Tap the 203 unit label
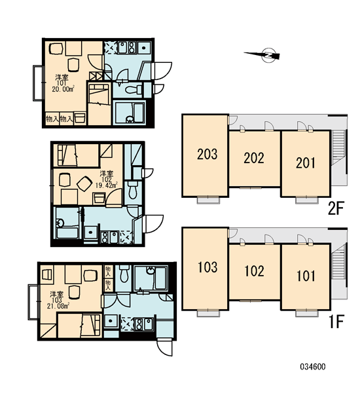click(207, 154)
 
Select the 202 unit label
click(254, 158)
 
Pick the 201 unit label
click(306, 162)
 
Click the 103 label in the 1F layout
click(207, 267)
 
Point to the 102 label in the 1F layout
click(254, 271)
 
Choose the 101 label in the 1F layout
click(306, 276)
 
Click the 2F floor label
click(335, 208)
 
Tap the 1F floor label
click(336, 322)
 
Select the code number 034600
click(313, 367)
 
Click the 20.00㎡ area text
click(63, 89)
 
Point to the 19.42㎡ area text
click(106, 185)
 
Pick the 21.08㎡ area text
click(58, 306)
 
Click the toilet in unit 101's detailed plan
click(133, 90)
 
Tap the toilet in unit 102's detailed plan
click(132, 190)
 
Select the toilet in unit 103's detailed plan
click(124, 273)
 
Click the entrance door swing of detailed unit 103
click(164, 347)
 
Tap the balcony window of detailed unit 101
click(38, 83)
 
